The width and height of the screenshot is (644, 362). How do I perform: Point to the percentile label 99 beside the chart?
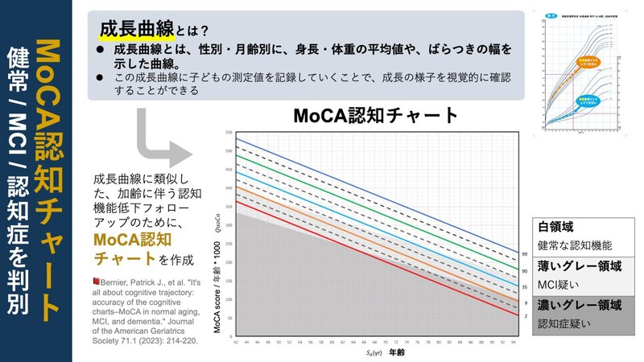coord(525,253)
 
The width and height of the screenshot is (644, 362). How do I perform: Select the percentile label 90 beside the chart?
coord(525,271)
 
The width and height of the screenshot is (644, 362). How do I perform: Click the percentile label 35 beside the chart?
coord(525,286)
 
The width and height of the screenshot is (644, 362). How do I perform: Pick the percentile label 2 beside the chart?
coord(525,317)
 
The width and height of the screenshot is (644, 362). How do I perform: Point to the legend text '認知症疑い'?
coord(564,323)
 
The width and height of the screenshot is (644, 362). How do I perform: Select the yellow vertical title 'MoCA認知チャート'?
coord(51,180)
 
